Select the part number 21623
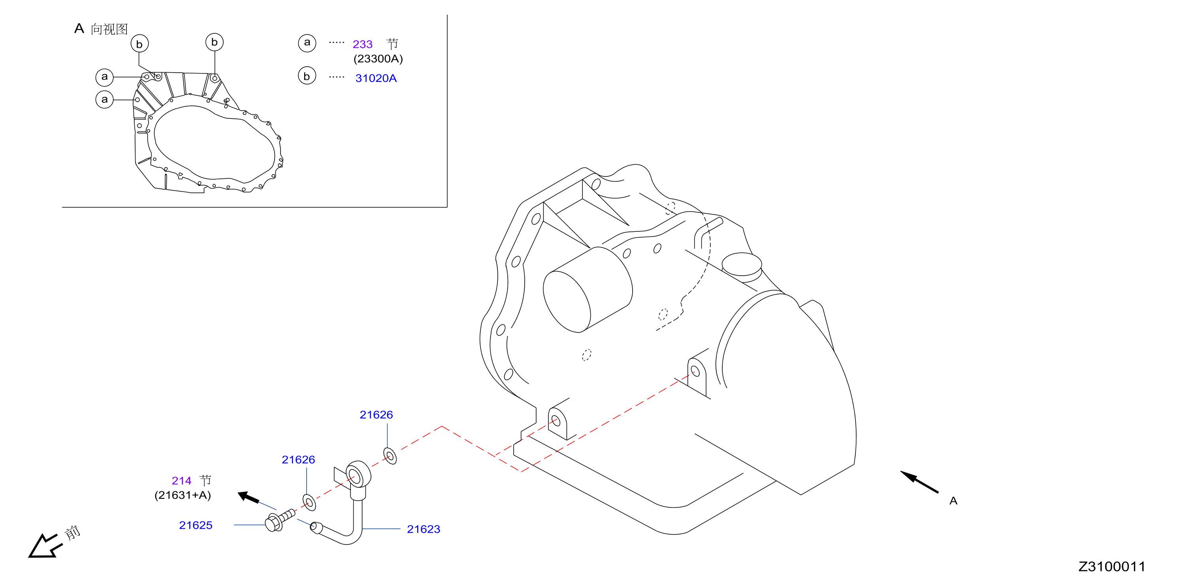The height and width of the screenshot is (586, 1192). [x=424, y=529]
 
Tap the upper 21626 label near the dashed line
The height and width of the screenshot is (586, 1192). [x=376, y=415]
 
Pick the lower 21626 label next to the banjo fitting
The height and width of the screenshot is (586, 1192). [x=298, y=460]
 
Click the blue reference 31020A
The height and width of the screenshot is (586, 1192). [x=376, y=78]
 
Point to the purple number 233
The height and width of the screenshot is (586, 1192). [x=362, y=44]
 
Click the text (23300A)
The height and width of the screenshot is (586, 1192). [x=378, y=59]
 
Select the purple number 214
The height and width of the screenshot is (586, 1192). [x=181, y=481]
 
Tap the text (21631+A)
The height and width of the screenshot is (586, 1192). [x=183, y=495]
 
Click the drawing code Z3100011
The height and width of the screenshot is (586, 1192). [x=1111, y=567]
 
